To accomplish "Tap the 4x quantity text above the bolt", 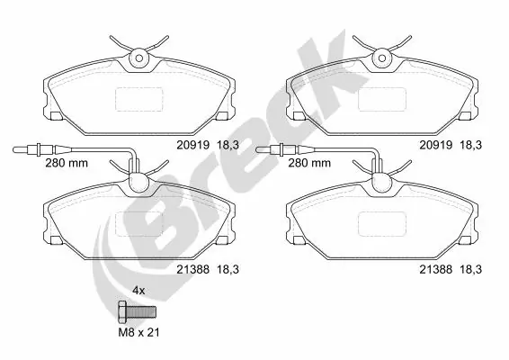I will tap(138, 292).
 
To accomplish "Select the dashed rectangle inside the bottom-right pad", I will tap(384, 224).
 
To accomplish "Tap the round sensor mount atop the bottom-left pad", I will tap(138, 182).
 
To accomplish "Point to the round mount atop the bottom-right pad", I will tap(384, 182).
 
